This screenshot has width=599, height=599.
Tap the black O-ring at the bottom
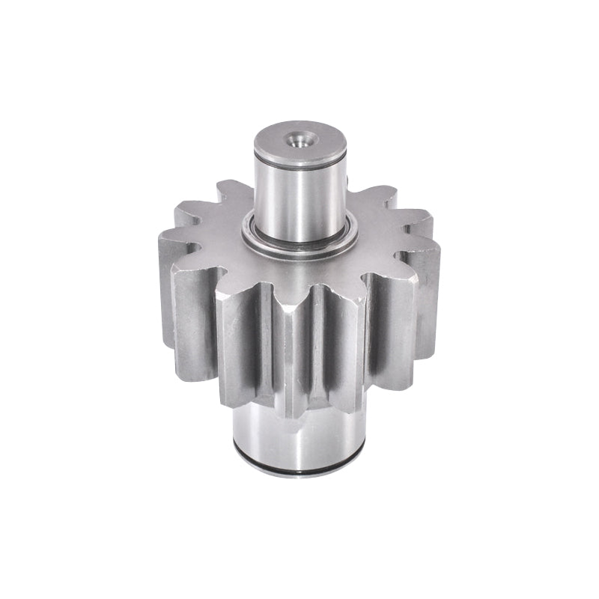[x=299, y=469]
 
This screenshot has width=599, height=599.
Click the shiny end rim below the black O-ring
[x=299, y=476]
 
